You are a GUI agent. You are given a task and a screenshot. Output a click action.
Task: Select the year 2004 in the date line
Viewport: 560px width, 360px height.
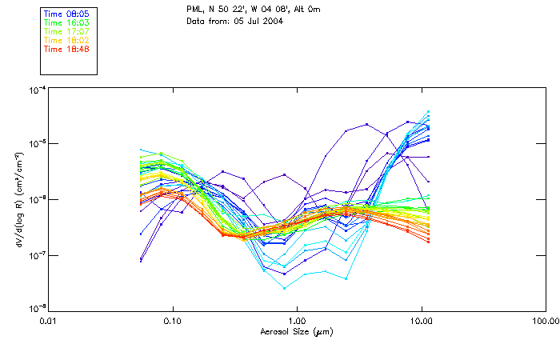(x=273, y=20)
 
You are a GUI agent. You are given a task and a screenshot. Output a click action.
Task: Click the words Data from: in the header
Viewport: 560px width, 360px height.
(x=205, y=20)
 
